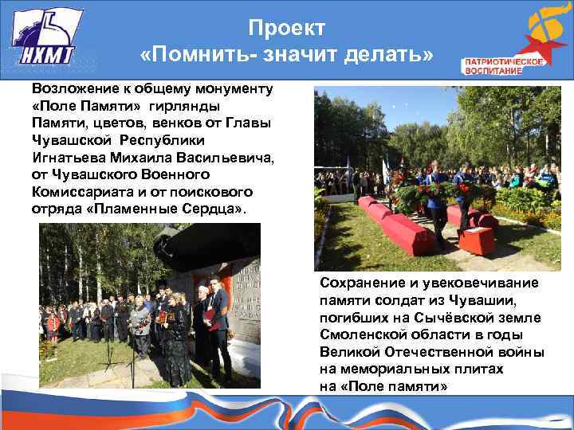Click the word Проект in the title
286,28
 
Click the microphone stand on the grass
132,358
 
